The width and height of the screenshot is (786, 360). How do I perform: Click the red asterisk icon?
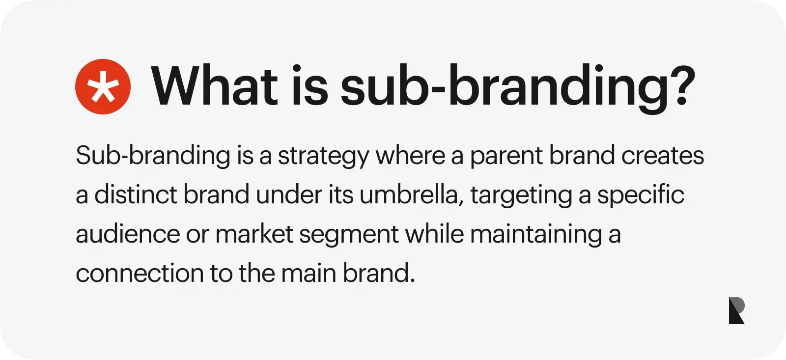pyautogui.click(x=103, y=86)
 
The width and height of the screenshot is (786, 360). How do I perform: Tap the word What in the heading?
pyautogui.click(x=214, y=85)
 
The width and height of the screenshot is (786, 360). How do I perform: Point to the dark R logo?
pyautogui.click(x=736, y=310)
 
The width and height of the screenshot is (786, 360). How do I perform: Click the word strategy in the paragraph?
pyautogui.click(x=323, y=156)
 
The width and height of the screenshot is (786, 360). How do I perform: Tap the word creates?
pyautogui.click(x=663, y=155)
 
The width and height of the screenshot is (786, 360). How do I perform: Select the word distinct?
pyautogui.click(x=136, y=194)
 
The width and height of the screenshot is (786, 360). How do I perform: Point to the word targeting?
pyautogui.click(x=521, y=195)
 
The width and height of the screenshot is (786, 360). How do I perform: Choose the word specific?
pyautogui.click(x=641, y=195)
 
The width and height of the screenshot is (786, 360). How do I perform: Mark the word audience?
pyautogui.click(x=128, y=234)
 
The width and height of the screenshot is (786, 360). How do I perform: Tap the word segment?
pyautogui.click(x=348, y=235)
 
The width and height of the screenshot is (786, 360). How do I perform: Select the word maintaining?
pyautogui.click(x=536, y=235)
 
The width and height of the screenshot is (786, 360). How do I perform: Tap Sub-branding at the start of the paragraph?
pyautogui.click(x=153, y=156)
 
